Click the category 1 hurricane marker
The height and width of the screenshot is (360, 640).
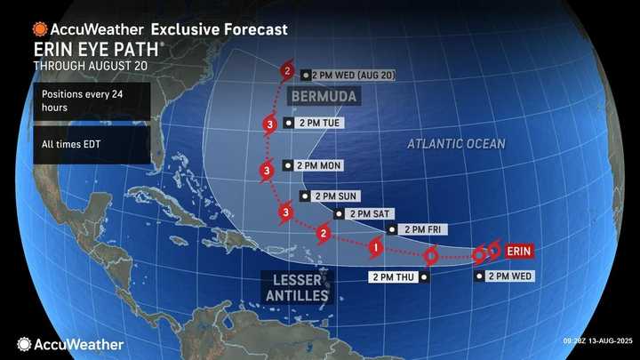376,246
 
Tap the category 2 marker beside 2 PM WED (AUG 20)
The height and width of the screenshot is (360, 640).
288,71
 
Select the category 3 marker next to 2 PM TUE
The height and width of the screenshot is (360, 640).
268,124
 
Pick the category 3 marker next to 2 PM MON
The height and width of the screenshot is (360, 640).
267,171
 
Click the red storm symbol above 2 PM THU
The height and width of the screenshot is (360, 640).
430,257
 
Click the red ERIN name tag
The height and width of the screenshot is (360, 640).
518,252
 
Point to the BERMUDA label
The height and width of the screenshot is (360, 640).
323,95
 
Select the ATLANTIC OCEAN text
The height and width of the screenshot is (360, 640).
456,144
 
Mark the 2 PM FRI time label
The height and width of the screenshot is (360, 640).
423,229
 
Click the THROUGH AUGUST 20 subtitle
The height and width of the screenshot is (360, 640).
90,66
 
